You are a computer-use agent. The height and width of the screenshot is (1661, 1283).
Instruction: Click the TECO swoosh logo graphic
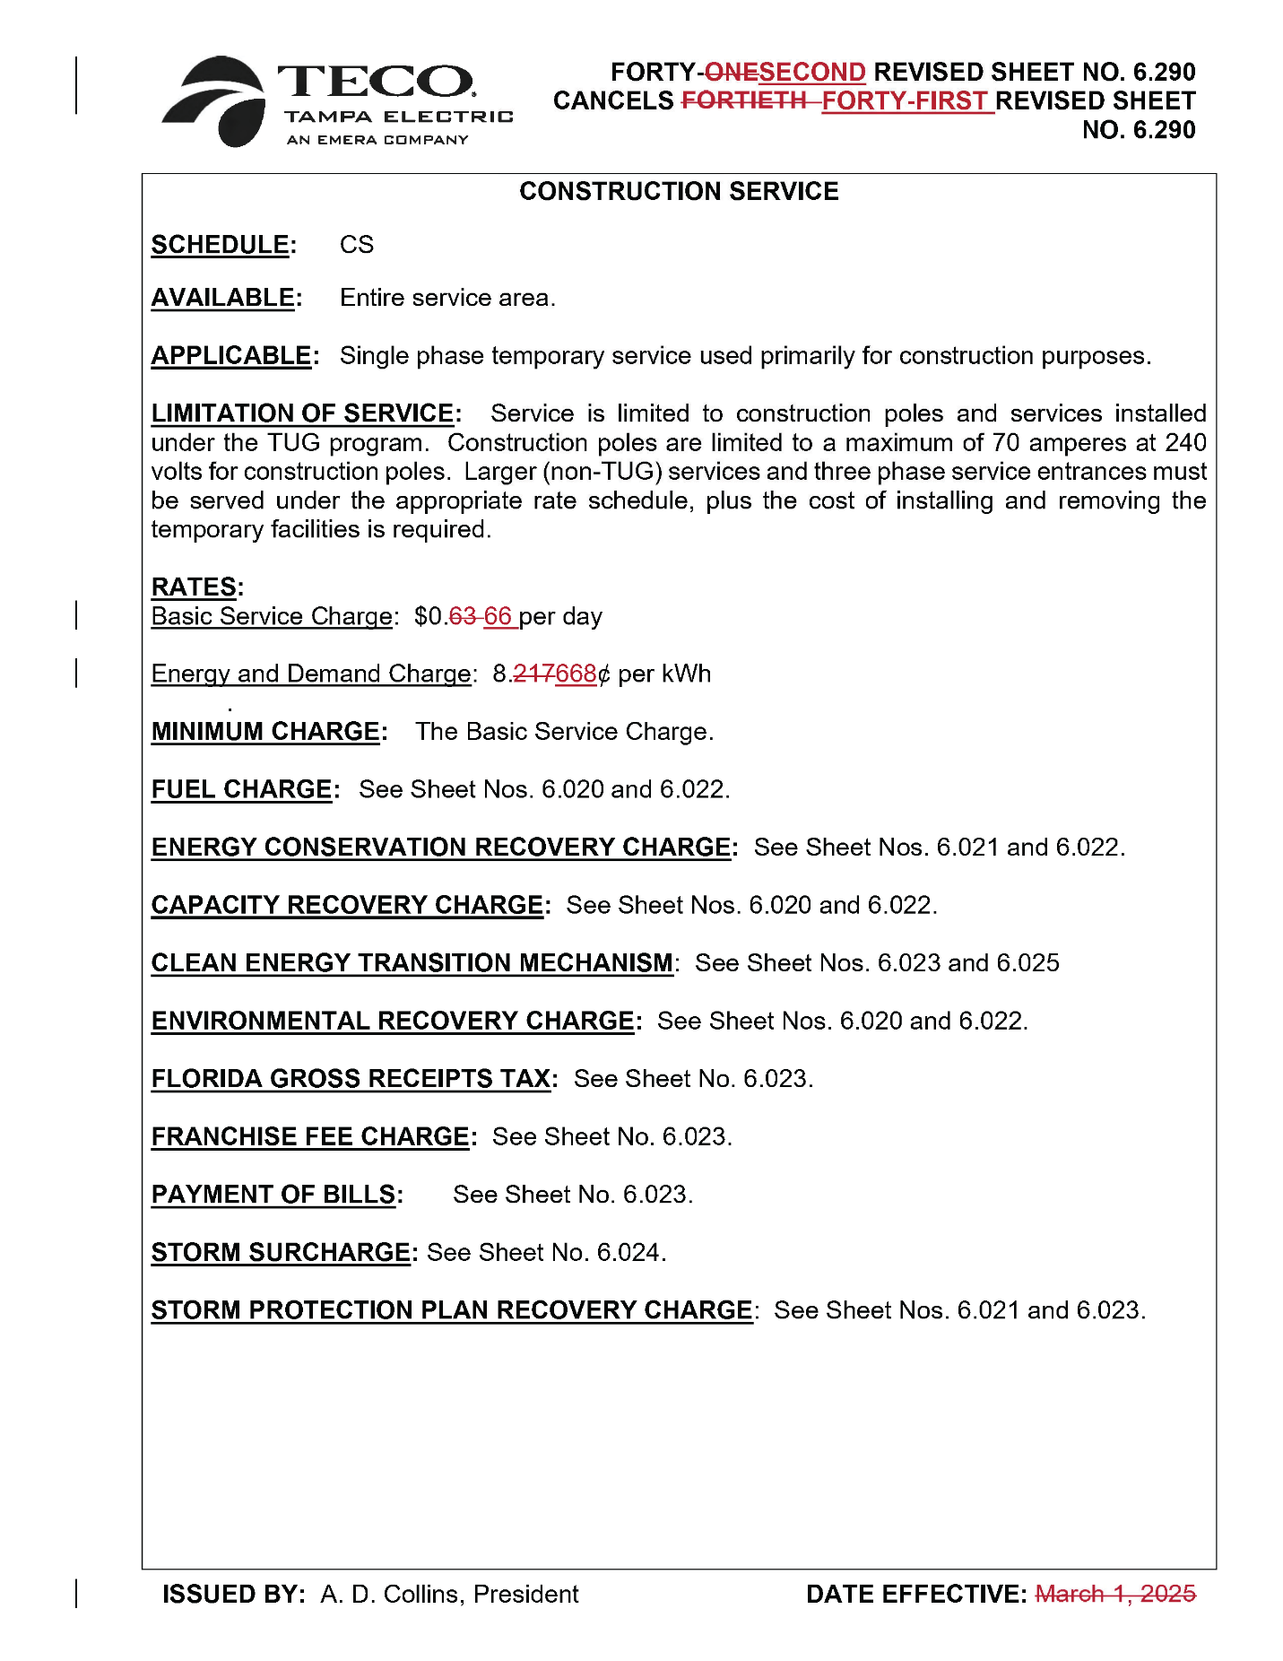[215, 101]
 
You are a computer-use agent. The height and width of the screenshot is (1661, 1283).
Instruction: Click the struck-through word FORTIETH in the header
[743, 101]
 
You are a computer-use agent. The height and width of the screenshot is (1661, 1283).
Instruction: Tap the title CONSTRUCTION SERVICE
[679, 191]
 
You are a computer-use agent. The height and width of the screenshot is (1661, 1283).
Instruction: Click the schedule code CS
[356, 245]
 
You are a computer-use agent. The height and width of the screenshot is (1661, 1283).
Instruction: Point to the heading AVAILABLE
[223, 298]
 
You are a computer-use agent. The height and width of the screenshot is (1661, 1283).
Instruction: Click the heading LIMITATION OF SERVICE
[302, 413]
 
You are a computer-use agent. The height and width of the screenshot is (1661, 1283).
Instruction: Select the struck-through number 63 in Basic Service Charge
[463, 617]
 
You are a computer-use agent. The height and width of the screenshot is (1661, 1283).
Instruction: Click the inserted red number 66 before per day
[498, 617]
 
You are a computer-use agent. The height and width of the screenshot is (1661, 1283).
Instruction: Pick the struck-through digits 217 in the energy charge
[534, 674]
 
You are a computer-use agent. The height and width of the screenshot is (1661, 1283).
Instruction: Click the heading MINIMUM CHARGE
[265, 732]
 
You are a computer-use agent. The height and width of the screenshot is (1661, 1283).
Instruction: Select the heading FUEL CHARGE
[241, 790]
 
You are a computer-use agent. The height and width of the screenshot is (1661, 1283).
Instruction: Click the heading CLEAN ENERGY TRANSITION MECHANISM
[412, 963]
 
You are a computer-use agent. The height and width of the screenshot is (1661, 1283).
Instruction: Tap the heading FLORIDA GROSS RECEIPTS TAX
[351, 1079]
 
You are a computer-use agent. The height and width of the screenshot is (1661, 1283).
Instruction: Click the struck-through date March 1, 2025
[1115, 1595]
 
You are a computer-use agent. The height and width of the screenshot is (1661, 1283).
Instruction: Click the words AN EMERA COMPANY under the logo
[377, 140]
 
